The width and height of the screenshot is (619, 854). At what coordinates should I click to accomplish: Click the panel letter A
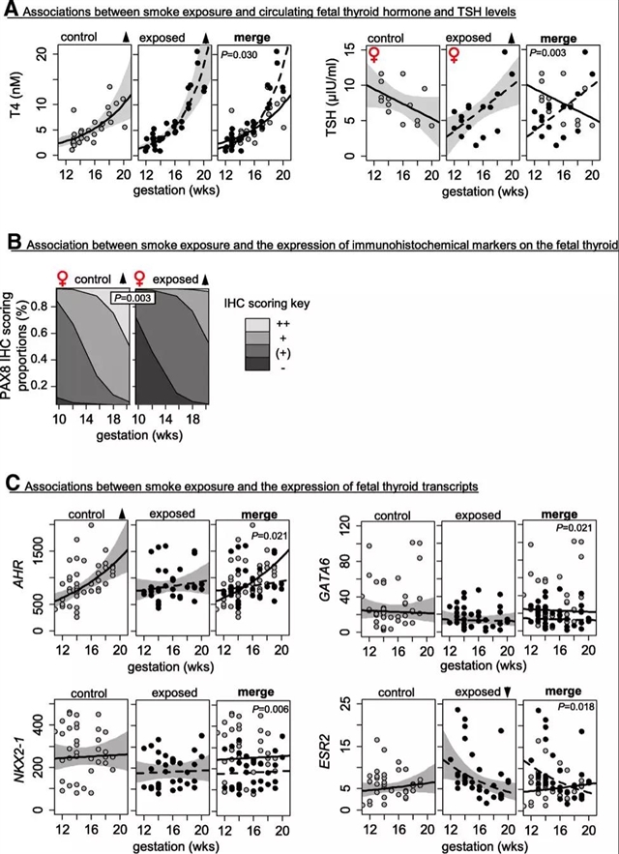(11, 12)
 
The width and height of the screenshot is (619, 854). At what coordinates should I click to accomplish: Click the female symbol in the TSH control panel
(374, 55)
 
